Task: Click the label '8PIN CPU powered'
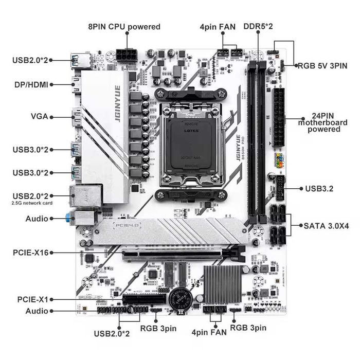(124, 27)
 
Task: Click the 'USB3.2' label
(319, 189)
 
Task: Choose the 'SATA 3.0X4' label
(326, 225)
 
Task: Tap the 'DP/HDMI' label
(30, 83)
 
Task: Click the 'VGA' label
(39, 116)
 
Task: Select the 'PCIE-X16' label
(31, 253)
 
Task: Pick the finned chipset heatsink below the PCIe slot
(223, 284)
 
